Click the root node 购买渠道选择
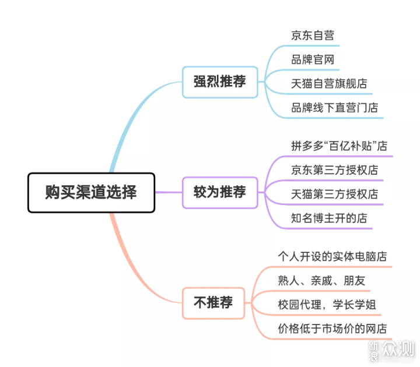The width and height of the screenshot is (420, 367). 92,193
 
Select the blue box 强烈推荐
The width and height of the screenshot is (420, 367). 220,82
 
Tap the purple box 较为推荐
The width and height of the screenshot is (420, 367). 220,192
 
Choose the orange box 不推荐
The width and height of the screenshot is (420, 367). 213,303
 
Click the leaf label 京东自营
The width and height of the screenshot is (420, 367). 313,36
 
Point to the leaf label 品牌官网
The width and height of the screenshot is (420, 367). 313,59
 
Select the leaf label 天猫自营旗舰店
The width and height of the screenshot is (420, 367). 329,83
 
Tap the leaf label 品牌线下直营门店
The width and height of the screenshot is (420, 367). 335,108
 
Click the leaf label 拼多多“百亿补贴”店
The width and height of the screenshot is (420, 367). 339,146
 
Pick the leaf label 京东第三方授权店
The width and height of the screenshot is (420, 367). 335,170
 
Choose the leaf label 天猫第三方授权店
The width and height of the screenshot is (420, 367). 335,194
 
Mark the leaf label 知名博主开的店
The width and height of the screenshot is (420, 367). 329,218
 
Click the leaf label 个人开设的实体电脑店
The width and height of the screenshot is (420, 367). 332,256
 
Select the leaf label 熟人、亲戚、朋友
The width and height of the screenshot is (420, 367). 321,280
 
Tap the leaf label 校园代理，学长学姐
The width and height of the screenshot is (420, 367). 327,305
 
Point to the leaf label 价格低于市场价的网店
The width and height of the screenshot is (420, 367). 332,329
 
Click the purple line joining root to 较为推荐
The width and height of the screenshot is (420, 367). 169,192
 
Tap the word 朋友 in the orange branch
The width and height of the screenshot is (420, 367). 355,280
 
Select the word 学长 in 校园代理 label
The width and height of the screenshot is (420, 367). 344,305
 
